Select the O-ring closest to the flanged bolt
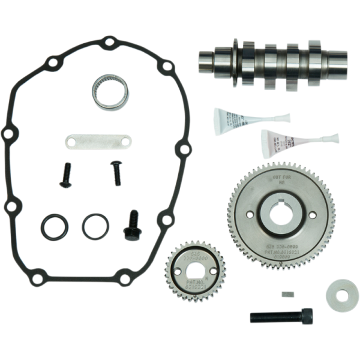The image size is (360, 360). pos(95,226)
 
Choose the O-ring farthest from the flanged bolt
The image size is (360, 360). pos(55,227)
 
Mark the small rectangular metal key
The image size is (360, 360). pos(288,295)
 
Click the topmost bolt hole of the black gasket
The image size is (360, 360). pos(110,42)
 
